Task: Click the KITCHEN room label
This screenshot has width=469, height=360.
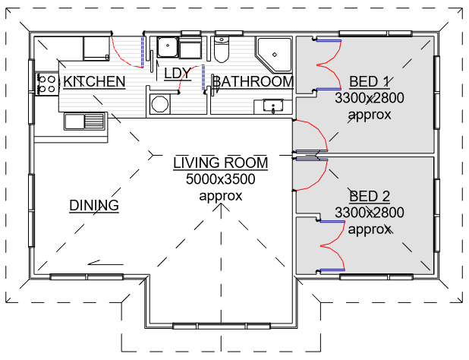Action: click(94, 82)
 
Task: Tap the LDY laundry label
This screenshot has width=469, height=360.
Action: click(178, 74)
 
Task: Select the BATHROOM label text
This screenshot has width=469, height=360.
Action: click(253, 82)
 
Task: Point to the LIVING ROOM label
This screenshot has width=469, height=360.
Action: click(220, 163)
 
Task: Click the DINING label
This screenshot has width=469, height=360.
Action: click(94, 206)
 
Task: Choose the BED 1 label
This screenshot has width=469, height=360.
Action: click(370, 82)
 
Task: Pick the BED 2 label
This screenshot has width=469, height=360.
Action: click(370, 196)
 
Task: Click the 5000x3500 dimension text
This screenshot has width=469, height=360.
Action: click(220, 179)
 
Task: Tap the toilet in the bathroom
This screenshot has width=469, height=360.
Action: click(222, 49)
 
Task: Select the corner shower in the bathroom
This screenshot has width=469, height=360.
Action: click(275, 55)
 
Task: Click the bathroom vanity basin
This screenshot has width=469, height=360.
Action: click(273, 106)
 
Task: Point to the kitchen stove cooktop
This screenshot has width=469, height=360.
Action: click(47, 84)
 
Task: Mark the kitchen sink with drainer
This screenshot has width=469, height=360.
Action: click(85, 122)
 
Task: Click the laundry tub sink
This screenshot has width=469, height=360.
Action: click(168, 47)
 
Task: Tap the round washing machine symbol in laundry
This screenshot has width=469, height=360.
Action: click(159, 104)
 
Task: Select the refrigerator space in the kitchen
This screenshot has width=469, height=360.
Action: click(96, 49)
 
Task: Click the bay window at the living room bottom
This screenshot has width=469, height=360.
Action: click(222, 326)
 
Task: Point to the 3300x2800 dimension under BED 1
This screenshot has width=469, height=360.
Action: click(370, 98)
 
